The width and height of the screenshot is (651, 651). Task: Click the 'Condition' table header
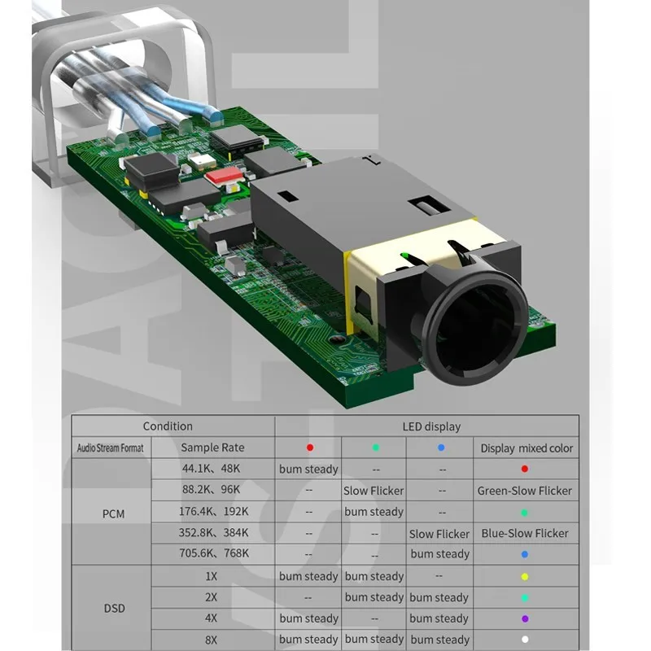[x=168, y=426]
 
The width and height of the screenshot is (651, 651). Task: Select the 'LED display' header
[x=431, y=426]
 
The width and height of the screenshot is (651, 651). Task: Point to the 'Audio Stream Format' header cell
[x=111, y=448]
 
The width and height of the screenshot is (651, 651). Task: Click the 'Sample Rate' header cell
[x=212, y=448]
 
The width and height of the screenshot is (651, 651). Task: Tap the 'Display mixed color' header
[x=526, y=448]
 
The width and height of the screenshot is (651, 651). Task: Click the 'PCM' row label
[x=113, y=514]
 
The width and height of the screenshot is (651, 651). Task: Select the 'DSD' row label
[x=114, y=609]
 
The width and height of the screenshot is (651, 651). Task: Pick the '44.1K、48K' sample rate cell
[x=211, y=469]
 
